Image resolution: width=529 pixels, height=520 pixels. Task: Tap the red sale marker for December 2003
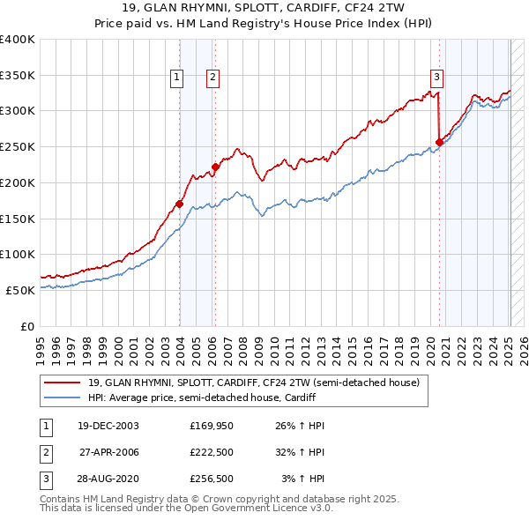(x=179, y=204)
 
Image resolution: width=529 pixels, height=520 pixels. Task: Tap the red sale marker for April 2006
(x=215, y=166)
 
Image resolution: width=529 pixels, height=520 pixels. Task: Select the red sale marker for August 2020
(x=439, y=141)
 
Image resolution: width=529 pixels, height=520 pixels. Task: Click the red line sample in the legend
(x=63, y=383)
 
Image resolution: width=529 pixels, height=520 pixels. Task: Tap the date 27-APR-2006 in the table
(x=108, y=452)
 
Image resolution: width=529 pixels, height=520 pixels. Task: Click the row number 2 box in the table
(x=44, y=452)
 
